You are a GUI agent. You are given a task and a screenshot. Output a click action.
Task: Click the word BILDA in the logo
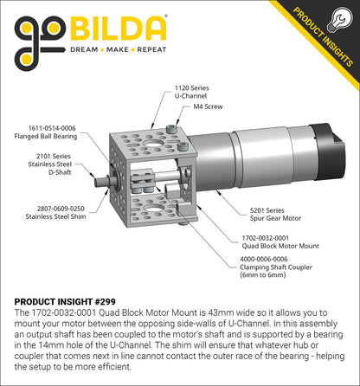click(x=119, y=29)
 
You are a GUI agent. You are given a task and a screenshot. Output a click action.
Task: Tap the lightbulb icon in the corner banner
click(x=339, y=20)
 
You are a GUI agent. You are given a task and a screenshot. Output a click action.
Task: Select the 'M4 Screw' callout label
click(x=208, y=106)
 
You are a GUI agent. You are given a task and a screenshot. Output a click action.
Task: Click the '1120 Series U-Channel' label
click(x=191, y=92)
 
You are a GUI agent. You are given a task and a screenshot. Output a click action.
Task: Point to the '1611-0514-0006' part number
click(x=52, y=128)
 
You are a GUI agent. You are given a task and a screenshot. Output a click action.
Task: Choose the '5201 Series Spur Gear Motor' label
click(x=275, y=215)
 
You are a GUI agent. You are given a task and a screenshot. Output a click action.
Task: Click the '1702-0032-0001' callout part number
click(x=265, y=238)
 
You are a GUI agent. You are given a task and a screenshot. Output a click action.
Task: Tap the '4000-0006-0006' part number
click(x=264, y=259)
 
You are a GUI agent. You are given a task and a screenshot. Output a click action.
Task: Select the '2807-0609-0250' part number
click(x=61, y=209)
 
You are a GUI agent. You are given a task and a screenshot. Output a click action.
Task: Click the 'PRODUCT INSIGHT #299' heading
click(x=65, y=302)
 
